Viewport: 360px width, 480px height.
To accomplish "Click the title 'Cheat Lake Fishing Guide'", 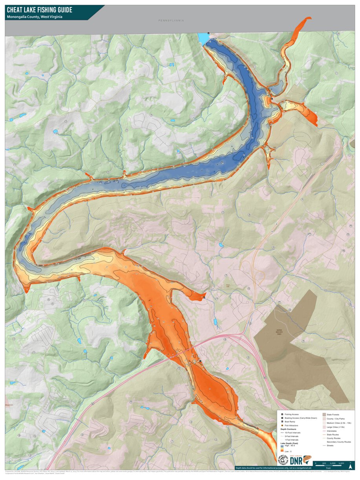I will (x=39, y=10).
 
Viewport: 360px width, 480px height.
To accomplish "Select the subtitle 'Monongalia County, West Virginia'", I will (x=34, y=17).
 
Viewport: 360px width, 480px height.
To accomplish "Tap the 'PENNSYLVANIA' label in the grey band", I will (x=171, y=20).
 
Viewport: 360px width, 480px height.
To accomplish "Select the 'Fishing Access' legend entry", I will (x=292, y=414).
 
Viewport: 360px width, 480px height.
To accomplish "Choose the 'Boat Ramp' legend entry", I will (x=290, y=422).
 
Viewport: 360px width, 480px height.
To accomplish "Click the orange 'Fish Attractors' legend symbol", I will (x=282, y=426).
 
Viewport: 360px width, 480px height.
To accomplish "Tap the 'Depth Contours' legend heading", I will (x=289, y=429).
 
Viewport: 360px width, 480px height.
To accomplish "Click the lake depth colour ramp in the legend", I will (x=282, y=449).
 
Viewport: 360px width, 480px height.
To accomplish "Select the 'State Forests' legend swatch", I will (x=324, y=414).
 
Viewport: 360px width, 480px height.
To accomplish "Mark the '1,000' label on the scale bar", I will (x=333, y=463).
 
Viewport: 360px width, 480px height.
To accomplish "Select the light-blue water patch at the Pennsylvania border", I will (x=203, y=38).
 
